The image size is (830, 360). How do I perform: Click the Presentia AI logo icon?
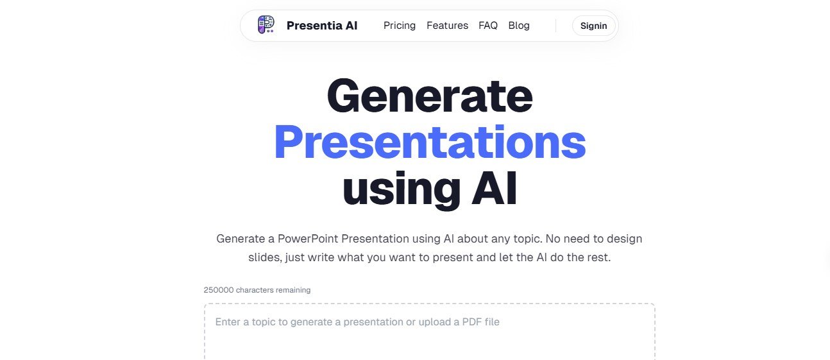(x=266, y=25)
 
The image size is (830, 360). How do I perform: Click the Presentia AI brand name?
(x=321, y=26)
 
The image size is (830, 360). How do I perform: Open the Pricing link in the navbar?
(x=400, y=26)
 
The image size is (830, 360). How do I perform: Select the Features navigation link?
(x=447, y=26)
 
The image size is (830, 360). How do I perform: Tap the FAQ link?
(x=488, y=26)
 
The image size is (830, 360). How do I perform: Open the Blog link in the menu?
(x=519, y=26)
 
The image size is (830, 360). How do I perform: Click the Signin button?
(x=593, y=26)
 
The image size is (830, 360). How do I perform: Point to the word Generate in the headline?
(x=430, y=96)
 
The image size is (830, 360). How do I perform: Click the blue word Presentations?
(x=430, y=142)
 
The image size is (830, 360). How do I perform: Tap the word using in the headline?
(x=402, y=190)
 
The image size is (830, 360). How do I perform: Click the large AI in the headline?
(x=495, y=187)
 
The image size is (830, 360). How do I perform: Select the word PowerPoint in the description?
(x=308, y=239)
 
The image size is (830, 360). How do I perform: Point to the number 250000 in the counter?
(x=219, y=290)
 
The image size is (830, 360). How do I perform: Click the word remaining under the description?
(x=293, y=290)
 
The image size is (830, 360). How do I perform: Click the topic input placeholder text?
(x=357, y=321)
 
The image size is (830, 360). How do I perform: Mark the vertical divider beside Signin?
(x=556, y=26)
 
